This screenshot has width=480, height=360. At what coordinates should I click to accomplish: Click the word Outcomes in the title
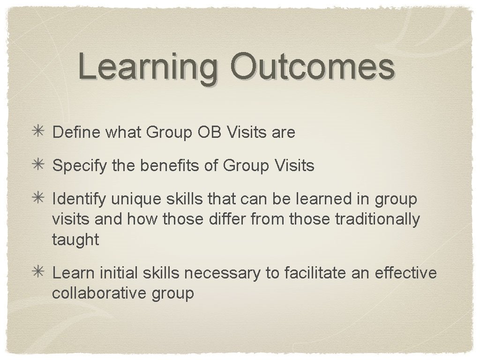pyautogui.click(x=312, y=67)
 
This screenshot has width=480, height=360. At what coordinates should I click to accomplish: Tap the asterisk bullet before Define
pyautogui.click(x=39, y=133)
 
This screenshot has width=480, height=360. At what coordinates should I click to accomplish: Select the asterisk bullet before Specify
pyautogui.click(x=39, y=165)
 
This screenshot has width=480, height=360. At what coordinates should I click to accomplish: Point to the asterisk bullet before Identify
pyautogui.click(x=39, y=199)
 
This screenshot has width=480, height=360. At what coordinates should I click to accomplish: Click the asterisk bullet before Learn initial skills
pyautogui.click(x=39, y=273)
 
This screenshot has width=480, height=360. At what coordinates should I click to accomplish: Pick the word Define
pyautogui.click(x=77, y=133)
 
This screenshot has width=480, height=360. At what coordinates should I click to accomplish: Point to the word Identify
pyautogui.click(x=79, y=199)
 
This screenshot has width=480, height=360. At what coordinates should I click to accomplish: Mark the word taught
pyautogui.click(x=75, y=240)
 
